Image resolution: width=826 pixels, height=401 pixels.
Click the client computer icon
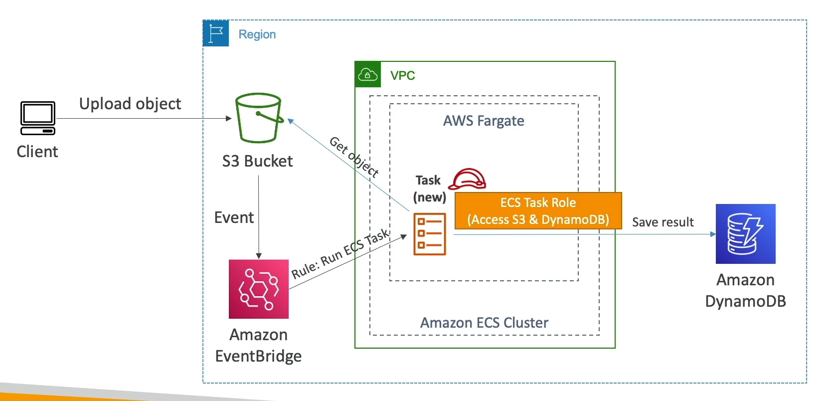pyautogui.click(x=38, y=118)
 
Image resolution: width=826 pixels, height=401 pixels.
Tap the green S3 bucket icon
pyautogui.click(x=258, y=118)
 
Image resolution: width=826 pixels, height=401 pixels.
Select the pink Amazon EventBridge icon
pyautogui.click(x=258, y=289)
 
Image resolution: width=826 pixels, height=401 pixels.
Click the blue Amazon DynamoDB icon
pyautogui.click(x=745, y=233)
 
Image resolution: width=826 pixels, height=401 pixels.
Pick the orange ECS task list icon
pyautogui.click(x=430, y=234)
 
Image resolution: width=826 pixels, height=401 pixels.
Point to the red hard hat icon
pyautogui.click(x=467, y=179)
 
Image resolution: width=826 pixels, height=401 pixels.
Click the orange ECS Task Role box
pyautogui.click(x=538, y=211)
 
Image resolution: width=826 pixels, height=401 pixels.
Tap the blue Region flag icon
pyautogui.click(x=216, y=33)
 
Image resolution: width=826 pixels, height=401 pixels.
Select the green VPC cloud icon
pyautogui.click(x=368, y=75)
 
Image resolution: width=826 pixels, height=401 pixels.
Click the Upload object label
pyautogui.click(x=130, y=104)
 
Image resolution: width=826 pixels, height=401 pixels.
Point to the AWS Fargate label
pyautogui.click(x=484, y=121)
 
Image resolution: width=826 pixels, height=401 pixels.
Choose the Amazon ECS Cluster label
pyautogui.click(x=484, y=323)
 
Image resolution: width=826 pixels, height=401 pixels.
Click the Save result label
pyautogui.click(x=662, y=222)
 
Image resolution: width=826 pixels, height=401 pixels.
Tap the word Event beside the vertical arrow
pyautogui.click(x=234, y=217)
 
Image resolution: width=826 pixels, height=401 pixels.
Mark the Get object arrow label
pyautogui.click(x=354, y=157)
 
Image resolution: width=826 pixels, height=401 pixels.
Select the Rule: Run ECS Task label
pyautogui.click(x=340, y=254)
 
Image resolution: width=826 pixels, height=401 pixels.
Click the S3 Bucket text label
pyautogui.click(x=257, y=161)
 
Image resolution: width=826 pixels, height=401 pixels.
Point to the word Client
pyautogui.click(x=37, y=152)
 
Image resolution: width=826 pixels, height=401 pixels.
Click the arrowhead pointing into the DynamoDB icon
pyautogui.click(x=713, y=234)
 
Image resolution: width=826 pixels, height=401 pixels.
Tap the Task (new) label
pyautogui.click(x=429, y=189)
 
